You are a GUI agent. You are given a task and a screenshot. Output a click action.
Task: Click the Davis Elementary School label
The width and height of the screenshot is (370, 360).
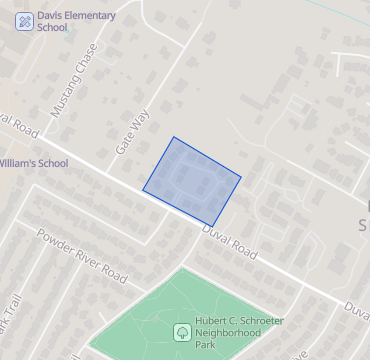[x=75, y=21]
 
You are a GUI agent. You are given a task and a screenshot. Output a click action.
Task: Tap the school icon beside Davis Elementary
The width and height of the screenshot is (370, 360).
[x=23, y=20]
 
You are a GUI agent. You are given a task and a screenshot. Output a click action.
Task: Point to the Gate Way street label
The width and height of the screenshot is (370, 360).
[x=132, y=130]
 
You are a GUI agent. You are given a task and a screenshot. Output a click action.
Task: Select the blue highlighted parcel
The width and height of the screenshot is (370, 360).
[x=193, y=180]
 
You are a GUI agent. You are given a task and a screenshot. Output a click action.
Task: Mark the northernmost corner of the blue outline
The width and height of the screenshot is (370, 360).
[x=174, y=137]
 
